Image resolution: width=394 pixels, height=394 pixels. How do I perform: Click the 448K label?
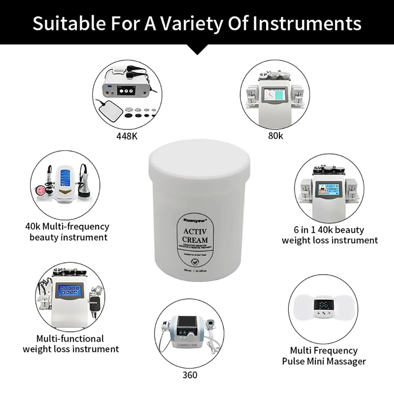[x=127, y=136]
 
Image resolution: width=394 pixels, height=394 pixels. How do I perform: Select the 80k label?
[x=276, y=135]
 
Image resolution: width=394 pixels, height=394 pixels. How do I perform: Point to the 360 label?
[x=190, y=375]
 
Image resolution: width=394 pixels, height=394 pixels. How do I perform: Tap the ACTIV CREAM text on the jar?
[x=195, y=236]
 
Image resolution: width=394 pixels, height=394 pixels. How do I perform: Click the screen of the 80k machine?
[x=275, y=94]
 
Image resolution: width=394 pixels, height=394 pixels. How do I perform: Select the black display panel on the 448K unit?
[x=126, y=90]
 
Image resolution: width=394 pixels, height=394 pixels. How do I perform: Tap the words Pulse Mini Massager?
[x=324, y=361]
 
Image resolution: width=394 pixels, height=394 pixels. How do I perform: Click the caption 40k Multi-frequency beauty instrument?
[x=68, y=232]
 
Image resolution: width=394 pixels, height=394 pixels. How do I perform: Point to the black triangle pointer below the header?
[x=197, y=50]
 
